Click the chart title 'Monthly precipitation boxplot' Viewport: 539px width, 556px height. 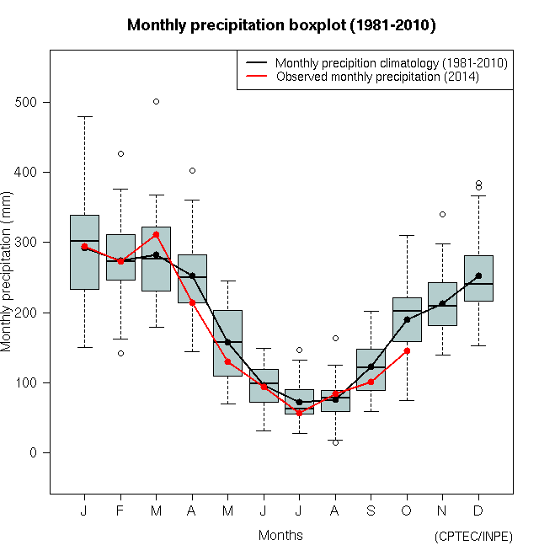click(x=281, y=25)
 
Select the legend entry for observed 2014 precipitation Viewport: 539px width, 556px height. click(x=376, y=77)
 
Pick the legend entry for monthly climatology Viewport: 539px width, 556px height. click(x=391, y=63)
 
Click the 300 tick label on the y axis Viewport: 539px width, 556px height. click(x=29, y=243)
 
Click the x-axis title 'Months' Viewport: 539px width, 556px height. click(x=280, y=535)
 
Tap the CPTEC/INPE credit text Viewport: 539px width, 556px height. click(x=473, y=537)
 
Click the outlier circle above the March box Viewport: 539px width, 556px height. click(x=156, y=101)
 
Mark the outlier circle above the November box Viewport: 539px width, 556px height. click(x=442, y=214)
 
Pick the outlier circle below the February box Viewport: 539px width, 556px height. click(x=120, y=353)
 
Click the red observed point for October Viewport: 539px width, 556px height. click(x=407, y=350)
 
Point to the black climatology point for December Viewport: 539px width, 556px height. click(x=478, y=275)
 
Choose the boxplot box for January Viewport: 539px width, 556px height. click(x=84, y=252)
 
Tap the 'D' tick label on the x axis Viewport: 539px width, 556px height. click(x=478, y=511)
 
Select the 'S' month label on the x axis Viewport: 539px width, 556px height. click(x=371, y=511)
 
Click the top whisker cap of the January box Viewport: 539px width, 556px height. click(x=84, y=116)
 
